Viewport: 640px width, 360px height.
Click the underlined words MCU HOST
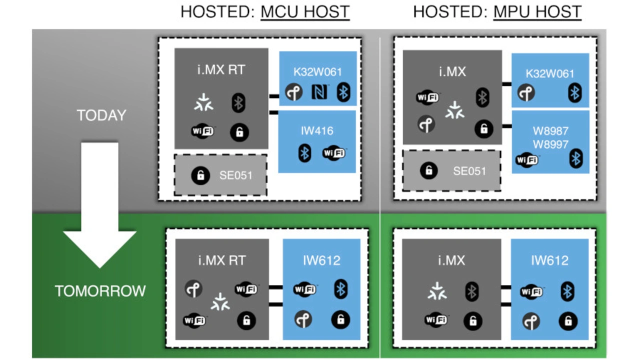pyautogui.click(x=305, y=11)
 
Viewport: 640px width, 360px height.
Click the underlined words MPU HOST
pyautogui.click(x=537, y=11)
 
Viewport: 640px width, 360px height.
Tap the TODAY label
pyautogui.click(x=101, y=115)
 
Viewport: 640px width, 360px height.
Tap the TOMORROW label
pyautogui.click(x=100, y=291)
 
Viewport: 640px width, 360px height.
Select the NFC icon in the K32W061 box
pyautogui.click(x=319, y=92)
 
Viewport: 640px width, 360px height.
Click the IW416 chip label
pyautogui.click(x=317, y=131)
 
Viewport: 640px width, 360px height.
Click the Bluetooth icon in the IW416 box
pyautogui.click(x=304, y=152)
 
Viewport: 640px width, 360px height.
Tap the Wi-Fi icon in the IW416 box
pyautogui.click(x=333, y=152)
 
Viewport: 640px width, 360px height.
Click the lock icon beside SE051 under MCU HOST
pyautogui.click(x=200, y=175)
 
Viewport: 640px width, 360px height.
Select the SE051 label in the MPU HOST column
pyautogui.click(x=469, y=171)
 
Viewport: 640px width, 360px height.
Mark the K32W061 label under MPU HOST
pyautogui.click(x=550, y=73)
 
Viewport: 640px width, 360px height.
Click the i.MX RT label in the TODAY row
pyautogui.click(x=221, y=69)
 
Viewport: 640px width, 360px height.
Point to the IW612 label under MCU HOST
pyautogui.click(x=321, y=260)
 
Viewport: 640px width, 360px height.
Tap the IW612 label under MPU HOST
pyautogui.click(x=549, y=260)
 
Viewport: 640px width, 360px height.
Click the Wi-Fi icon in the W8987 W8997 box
pyautogui.click(x=527, y=160)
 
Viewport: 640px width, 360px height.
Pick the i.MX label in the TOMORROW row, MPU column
pyautogui.click(x=451, y=260)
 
